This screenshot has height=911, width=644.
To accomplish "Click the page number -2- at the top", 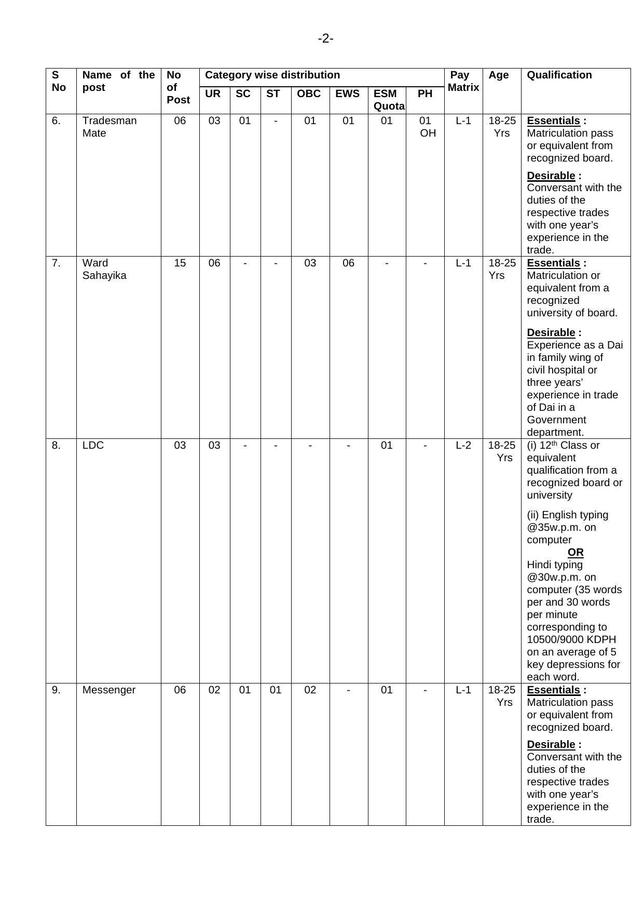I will [x=325, y=38].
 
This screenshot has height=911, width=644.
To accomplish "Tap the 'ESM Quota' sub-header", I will [x=388, y=100].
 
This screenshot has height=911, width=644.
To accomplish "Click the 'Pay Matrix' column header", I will [x=463, y=81].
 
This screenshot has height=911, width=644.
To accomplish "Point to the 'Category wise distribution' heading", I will [x=272, y=75].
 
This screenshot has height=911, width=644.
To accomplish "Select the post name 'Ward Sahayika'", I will [x=104, y=269].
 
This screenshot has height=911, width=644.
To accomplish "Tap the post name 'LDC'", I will [x=93, y=445].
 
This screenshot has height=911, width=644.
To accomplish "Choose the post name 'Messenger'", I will [x=108, y=690].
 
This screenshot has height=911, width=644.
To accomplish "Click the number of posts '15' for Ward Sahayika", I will [x=180, y=263].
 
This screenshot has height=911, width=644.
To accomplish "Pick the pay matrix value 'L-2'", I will [x=463, y=445].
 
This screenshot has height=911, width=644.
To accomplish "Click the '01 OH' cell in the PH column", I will [x=427, y=127].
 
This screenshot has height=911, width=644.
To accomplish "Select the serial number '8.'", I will [x=56, y=445].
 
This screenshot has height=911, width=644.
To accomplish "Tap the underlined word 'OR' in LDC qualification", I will [x=575, y=552].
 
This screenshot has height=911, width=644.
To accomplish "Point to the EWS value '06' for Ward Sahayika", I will [x=348, y=263].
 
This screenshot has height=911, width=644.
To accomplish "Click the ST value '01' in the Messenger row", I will [x=275, y=690].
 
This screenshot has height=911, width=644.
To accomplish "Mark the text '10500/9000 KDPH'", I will [x=571, y=639].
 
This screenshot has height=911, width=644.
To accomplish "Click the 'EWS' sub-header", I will [x=347, y=93].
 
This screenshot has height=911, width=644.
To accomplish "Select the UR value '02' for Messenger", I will [x=214, y=690].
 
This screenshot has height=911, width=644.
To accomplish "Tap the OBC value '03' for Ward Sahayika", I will [x=310, y=263].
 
